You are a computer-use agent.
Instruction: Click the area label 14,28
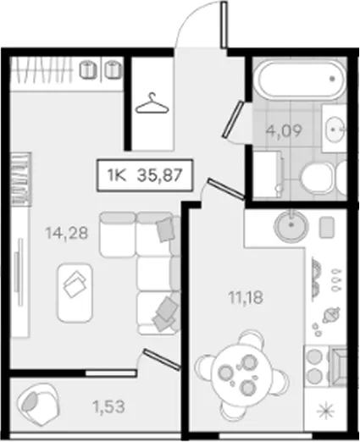click(67, 234)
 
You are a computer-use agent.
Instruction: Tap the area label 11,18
click(246, 297)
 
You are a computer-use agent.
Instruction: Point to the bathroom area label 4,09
click(284, 130)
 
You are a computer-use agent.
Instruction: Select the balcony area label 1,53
click(108, 407)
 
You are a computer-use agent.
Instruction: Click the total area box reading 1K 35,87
click(145, 175)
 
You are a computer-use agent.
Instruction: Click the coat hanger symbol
click(152, 103)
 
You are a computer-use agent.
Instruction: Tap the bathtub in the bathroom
click(301, 79)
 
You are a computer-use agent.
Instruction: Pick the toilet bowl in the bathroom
click(316, 177)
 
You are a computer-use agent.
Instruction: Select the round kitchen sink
click(291, 225)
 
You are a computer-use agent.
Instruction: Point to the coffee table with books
click(75, 292)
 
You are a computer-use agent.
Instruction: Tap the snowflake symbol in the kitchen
click(325, 411)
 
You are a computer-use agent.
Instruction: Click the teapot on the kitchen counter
click(331, 315)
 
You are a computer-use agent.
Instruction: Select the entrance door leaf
click(224, 25)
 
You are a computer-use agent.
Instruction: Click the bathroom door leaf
click(233, 119)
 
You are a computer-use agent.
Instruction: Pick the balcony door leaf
click(161, 359)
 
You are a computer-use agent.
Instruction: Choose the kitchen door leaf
click(226, 189)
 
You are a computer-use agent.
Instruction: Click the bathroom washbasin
click(335, 130)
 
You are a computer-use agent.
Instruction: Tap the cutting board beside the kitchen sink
click(326, 227)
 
